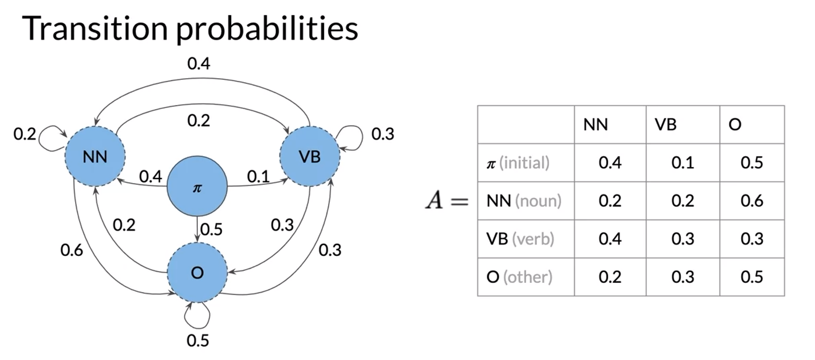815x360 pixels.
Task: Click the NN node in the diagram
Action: pyautogui.click(x=95, y=156)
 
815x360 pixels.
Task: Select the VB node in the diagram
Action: pyautogui.click(x=309, y=156)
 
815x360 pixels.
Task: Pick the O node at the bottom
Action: pyautogui.click(x=197, y=273)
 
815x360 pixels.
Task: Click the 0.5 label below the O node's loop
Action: pyautogui.click(x=198, y=341)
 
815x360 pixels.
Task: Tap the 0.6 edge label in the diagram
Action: pyautogui.click(x=72, y=250)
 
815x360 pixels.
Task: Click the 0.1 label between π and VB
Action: pyautogui.click(x=258, y=177)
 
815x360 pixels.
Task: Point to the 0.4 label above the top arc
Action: pyautogui.click(x=199, y=64)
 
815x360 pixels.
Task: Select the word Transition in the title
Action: pyautogui.click(x=95, y=28)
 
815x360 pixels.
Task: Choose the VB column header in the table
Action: pyautogui.click(x=666, y=125)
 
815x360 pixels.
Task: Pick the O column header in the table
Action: pyautogui.click(x=735, y=125)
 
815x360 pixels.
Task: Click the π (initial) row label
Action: pyautogui.click(x=518, y=163)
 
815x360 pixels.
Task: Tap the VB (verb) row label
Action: pyautogui.click(x=520, y=239)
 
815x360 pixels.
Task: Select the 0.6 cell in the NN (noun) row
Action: pyautogui.click(x=752, y=201)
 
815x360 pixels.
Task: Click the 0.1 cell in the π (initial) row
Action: pyautogui.click(x=683, y=163)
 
